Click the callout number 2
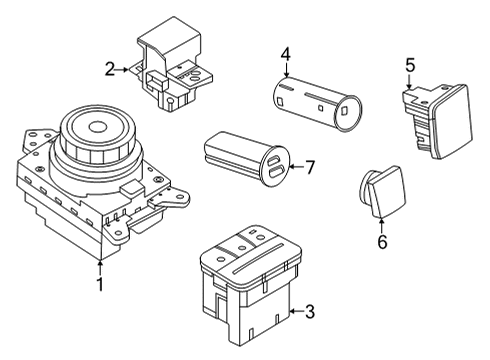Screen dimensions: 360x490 tap(109, 69)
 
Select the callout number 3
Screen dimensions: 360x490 tap(309, 313)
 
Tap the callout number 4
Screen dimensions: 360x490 tap(285, 54)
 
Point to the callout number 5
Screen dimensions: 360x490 tap(410, 65)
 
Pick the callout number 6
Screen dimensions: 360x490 tap(381, 242)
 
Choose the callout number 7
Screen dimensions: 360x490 tap(310, 167)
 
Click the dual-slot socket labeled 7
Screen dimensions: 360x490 tap(245, 159)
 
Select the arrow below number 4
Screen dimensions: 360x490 tap(285, 71)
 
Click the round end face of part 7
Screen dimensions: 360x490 tap(275, 168)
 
